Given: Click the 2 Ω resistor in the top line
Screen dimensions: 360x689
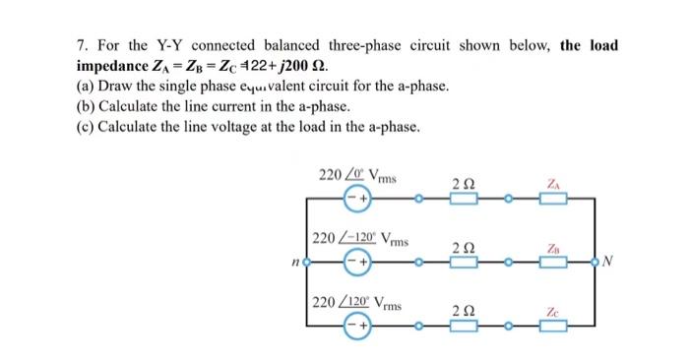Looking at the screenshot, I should click(x=464, y=199).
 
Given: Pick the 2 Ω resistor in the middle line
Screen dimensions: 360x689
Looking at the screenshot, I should click(x=464, y=263).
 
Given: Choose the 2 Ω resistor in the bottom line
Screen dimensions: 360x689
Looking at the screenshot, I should click(x=464, y=326).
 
